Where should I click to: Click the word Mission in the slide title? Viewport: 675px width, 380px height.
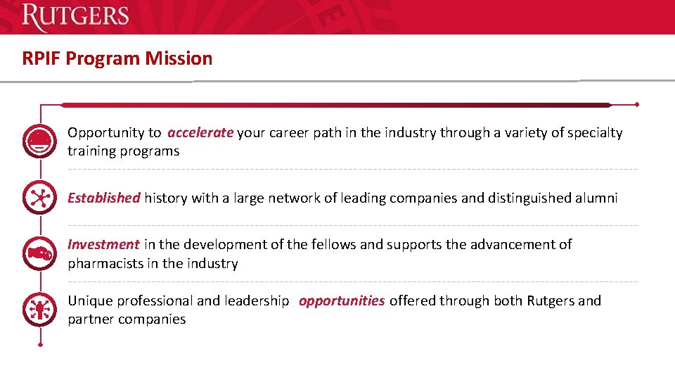point(179,58)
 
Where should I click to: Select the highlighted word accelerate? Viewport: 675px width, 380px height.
point(200,132)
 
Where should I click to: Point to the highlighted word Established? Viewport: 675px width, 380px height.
point(103,198)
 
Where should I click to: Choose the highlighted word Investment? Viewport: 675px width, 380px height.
point(103,244)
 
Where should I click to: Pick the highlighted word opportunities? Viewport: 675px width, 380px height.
point(342,300)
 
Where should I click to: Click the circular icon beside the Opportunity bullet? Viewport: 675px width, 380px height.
point(39,141)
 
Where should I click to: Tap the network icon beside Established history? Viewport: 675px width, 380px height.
point(39,198)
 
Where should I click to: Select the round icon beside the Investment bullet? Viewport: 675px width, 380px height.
point(39,253)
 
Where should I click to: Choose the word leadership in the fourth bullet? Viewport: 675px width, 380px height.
point(256,300)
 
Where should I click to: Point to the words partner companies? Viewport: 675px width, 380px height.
point(127,319)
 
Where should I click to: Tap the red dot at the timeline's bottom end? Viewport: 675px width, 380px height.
point(40,345)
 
